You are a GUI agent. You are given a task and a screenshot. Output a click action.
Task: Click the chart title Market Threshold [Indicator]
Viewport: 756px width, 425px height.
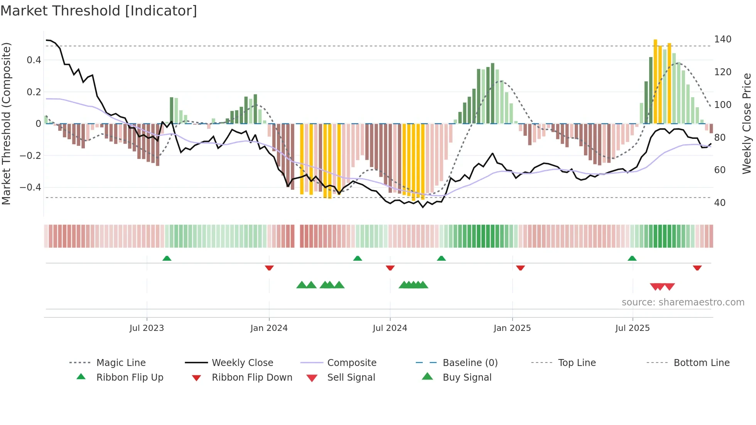click(x=99, y=11)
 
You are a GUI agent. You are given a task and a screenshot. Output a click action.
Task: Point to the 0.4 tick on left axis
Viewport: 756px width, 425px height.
click(x=34, y=60)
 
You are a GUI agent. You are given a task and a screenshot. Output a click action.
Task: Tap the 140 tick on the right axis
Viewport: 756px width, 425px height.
click(x=722, y=39)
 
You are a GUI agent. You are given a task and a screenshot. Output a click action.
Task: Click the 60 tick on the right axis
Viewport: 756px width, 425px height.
click(x=720, y=170)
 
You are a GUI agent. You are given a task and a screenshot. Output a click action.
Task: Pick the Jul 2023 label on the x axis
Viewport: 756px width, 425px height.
click(x=147, y=328)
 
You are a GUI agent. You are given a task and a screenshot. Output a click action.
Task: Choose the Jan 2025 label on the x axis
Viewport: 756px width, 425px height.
click(x=512, y=328)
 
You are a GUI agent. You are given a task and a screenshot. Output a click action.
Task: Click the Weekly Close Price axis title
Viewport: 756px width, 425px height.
click(x=747, y=123)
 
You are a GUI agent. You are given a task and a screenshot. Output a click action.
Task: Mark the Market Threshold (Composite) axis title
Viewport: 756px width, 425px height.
click(x=6, y=123)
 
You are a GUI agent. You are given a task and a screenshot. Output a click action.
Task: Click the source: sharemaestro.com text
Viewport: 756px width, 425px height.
click(x=683, y=302)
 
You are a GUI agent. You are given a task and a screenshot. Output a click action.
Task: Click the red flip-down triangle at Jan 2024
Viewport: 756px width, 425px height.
click(x=269, y=268)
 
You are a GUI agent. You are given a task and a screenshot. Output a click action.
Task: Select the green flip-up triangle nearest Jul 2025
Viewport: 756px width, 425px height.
click(x=632, y=258)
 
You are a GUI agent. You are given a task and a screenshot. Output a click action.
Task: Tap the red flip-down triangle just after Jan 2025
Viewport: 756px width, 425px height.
click(x=520, y=268)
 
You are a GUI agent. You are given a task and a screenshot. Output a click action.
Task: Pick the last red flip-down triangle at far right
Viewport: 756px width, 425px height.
click(x=697, y=268)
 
